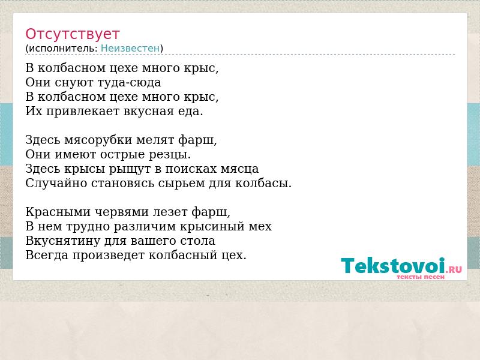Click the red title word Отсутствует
click(72, 34)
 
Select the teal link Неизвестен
click(130, 49)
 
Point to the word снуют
click(74, 83)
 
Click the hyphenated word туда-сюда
click(129, 82)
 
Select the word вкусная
click(148, 112)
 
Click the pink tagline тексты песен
click(421, 277)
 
